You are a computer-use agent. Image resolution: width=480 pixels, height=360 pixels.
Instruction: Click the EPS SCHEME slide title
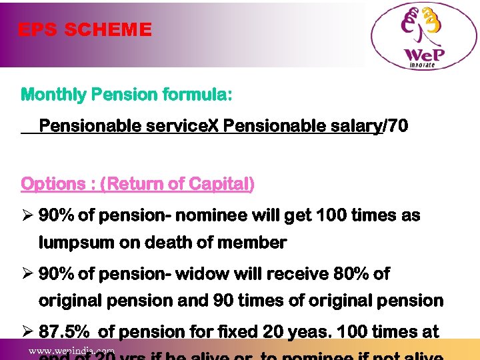click(85, 30)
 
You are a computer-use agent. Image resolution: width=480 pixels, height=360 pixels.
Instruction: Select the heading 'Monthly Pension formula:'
click(127, 95)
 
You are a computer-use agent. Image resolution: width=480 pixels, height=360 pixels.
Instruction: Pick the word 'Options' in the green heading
click(53, 184)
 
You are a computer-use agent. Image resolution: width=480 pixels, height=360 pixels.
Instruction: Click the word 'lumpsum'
click(76, 243)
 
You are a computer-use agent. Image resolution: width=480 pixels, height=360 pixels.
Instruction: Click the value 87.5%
click(64, 332)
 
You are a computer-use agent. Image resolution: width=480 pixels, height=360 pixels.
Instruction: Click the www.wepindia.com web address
click(71, 351)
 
